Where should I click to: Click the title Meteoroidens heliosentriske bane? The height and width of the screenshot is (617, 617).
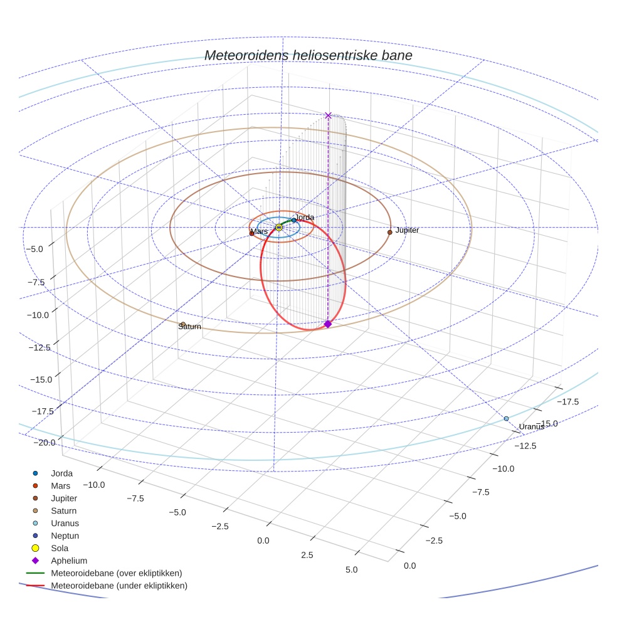308,56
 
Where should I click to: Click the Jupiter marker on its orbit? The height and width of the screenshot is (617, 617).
390,232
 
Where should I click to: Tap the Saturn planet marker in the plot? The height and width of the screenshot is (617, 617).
182,324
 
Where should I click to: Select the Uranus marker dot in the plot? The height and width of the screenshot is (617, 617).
506,418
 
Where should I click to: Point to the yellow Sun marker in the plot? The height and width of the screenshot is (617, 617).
279,227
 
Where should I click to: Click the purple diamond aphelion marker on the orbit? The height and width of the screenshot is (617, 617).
327,324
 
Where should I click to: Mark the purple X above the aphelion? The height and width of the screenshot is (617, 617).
328,115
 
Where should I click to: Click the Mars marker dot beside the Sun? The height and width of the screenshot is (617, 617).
252,234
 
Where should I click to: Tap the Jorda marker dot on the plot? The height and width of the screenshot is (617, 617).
293,220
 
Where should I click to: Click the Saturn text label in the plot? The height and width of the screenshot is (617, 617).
189,327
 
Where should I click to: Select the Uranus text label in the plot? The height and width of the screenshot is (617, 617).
531,427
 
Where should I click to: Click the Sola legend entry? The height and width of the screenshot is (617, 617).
60,548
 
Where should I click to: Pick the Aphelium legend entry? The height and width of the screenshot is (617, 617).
68,561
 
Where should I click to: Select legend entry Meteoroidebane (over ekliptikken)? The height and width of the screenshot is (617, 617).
116,573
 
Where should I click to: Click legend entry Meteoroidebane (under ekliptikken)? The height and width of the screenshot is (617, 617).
119,586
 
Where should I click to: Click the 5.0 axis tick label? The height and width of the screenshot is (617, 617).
351,570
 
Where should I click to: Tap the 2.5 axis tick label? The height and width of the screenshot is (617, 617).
307,556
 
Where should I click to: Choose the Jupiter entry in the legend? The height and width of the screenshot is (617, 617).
64,498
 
